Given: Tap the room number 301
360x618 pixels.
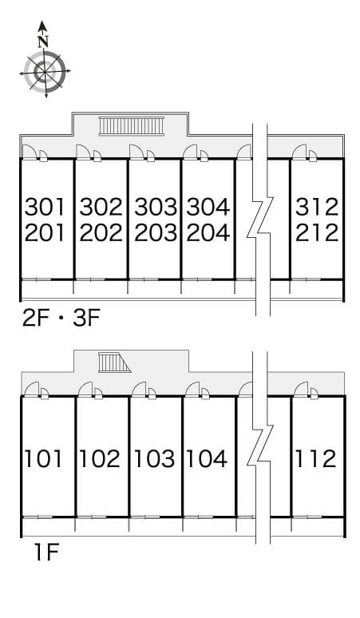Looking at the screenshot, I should (x=45, y=208).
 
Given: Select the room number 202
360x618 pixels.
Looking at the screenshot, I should (x=101, y=233).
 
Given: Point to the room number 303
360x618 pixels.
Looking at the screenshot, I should (x=155, y=208).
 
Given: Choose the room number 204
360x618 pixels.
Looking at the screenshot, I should (x=208, y=233).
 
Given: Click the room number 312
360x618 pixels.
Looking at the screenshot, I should (x=317, y=208).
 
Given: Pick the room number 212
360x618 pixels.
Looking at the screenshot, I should (x=317, y=233).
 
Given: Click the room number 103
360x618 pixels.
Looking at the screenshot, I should (x=154, y=459).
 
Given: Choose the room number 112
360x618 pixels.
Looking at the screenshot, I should (x=316, y=459).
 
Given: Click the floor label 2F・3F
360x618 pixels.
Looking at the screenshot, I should (x=61, y=319).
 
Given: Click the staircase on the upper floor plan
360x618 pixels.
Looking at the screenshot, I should (x=131, y=125).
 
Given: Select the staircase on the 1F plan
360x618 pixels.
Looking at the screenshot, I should (x=113, y=362).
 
